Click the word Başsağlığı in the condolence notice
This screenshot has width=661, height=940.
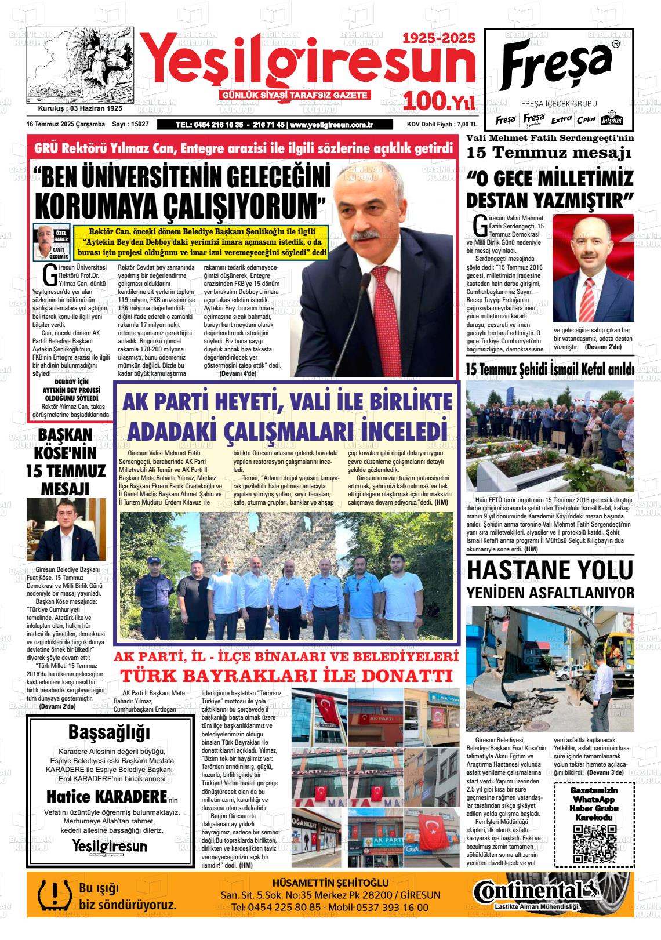pos(109,732)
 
